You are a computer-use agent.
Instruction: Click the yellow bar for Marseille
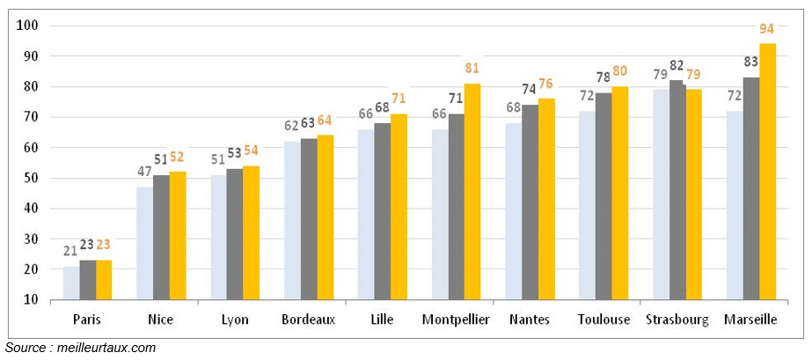point(767,172)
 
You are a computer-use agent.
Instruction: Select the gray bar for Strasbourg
point(677,189)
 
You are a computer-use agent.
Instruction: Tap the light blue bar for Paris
point(70,282)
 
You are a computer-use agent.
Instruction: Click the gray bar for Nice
point(161,237)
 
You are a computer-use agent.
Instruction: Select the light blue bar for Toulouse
point(587,205)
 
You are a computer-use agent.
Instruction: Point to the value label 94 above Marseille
point(767,29)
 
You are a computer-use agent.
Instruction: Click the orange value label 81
point(472,69)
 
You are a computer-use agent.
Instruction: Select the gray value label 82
point(677,65)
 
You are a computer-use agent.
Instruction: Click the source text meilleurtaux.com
point(80,349)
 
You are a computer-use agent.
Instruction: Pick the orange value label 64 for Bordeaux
point(325,121)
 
